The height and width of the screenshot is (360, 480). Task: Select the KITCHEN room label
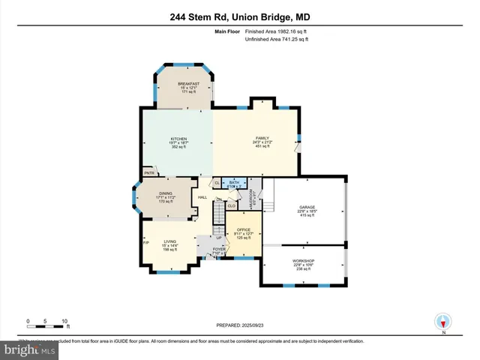(x=178, y=139)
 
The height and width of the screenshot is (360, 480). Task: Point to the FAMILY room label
(x=262, y=139)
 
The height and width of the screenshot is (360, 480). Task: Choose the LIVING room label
(x=169, y=241)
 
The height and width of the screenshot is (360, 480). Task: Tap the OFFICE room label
(x=243, y=229)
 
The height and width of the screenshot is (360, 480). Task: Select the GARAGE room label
(x=306, y=206)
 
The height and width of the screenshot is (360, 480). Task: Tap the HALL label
(x=202, y=197)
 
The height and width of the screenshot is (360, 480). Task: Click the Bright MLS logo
(x=30, y=350)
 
